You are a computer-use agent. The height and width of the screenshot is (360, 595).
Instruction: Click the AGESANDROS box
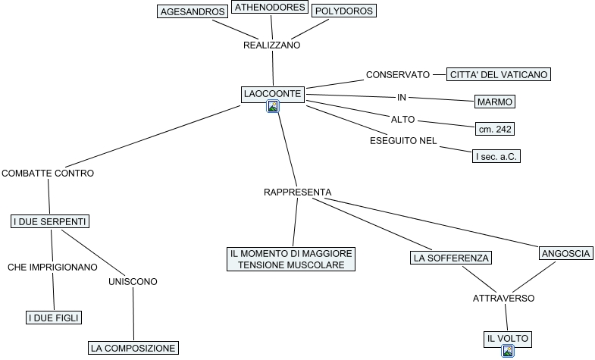193,11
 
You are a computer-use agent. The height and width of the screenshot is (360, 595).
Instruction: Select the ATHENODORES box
270,7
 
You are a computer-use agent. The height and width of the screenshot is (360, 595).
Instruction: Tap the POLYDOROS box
344,11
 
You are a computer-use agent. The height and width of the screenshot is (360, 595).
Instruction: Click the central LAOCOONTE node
273,94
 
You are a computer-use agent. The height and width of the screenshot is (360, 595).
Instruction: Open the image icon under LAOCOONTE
273,106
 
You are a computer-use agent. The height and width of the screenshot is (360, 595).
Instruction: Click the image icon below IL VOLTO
507,351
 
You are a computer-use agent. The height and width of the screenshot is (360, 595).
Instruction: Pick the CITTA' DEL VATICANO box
499,74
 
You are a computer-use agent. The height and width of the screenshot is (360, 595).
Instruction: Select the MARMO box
495,102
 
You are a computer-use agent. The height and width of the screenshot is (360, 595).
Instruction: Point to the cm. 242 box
495,129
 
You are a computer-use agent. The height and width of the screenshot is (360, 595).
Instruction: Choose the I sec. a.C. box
496,156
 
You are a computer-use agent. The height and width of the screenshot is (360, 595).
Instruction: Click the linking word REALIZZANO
271,45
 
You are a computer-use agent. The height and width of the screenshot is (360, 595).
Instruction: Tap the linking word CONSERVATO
398,75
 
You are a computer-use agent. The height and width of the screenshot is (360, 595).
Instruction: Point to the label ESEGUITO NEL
403,141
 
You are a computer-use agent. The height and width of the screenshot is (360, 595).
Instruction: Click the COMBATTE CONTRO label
48,174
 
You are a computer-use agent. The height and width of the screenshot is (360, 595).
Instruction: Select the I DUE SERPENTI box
50,221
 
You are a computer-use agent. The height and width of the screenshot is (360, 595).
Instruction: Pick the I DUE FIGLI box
54,318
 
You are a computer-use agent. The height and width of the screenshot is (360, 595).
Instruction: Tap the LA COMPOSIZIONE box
133,348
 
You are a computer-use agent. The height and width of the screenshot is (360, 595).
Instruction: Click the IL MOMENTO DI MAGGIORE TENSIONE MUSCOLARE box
291,259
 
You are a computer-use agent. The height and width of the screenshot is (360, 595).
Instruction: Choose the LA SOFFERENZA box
451,258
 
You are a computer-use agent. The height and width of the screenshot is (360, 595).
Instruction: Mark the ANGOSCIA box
565,253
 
